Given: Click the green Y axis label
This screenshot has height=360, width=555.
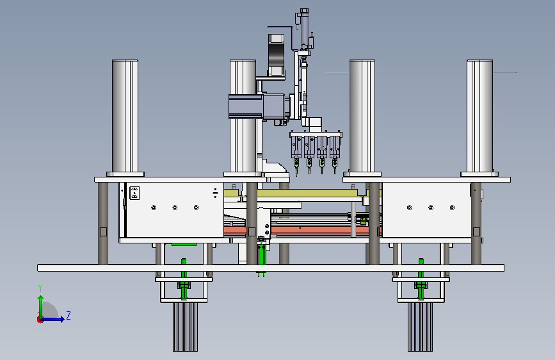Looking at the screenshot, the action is pos(40,288).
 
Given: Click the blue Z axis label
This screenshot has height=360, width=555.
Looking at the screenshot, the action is pos(68,315).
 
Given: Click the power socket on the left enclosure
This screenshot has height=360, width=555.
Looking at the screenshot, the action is pos(134,193).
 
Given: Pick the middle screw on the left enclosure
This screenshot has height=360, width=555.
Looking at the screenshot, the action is pos(175,208).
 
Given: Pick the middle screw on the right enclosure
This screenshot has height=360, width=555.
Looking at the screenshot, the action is pos(431,208).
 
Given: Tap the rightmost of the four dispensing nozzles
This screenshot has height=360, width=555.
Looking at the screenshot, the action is pos(335,165).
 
